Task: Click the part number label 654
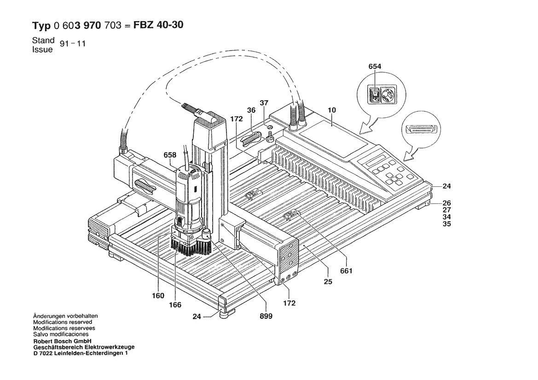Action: (x=375, y=67)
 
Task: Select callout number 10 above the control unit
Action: (x=332, y=110)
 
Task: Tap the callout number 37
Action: (x=263, y=103)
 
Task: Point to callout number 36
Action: (x=251, y=110)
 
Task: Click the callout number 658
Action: (x=170, y=155)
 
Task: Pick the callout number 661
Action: (x=346, y=271)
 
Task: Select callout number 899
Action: (x=266, y=316)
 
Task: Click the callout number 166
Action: (x=175, y=305)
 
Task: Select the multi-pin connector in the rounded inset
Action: (x=422, y=130)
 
